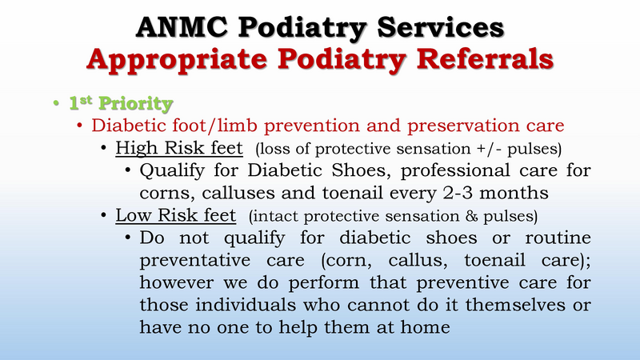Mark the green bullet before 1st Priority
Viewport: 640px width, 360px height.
click(x=54, y=104)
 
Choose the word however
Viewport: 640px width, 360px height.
click(x=178, y=282)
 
